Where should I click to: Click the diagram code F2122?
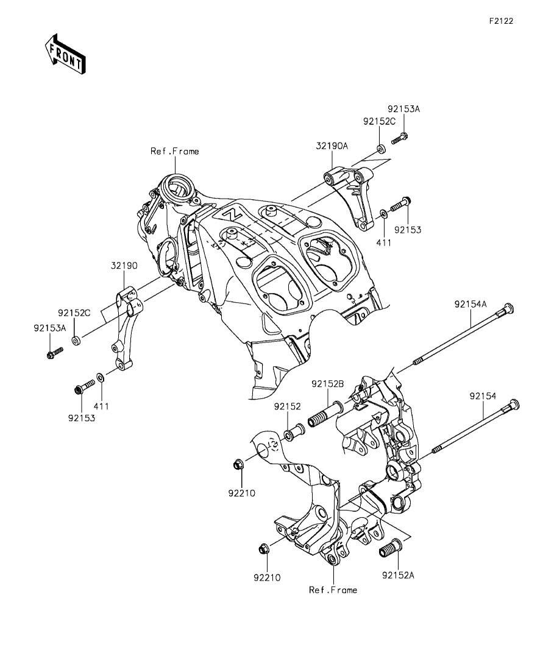502,21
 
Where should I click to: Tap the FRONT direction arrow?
65,53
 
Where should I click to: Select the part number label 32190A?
332,146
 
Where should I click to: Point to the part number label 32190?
124,266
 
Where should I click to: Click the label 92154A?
471,304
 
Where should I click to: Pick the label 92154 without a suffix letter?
483,397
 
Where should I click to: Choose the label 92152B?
328,384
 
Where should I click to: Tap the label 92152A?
399,575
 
